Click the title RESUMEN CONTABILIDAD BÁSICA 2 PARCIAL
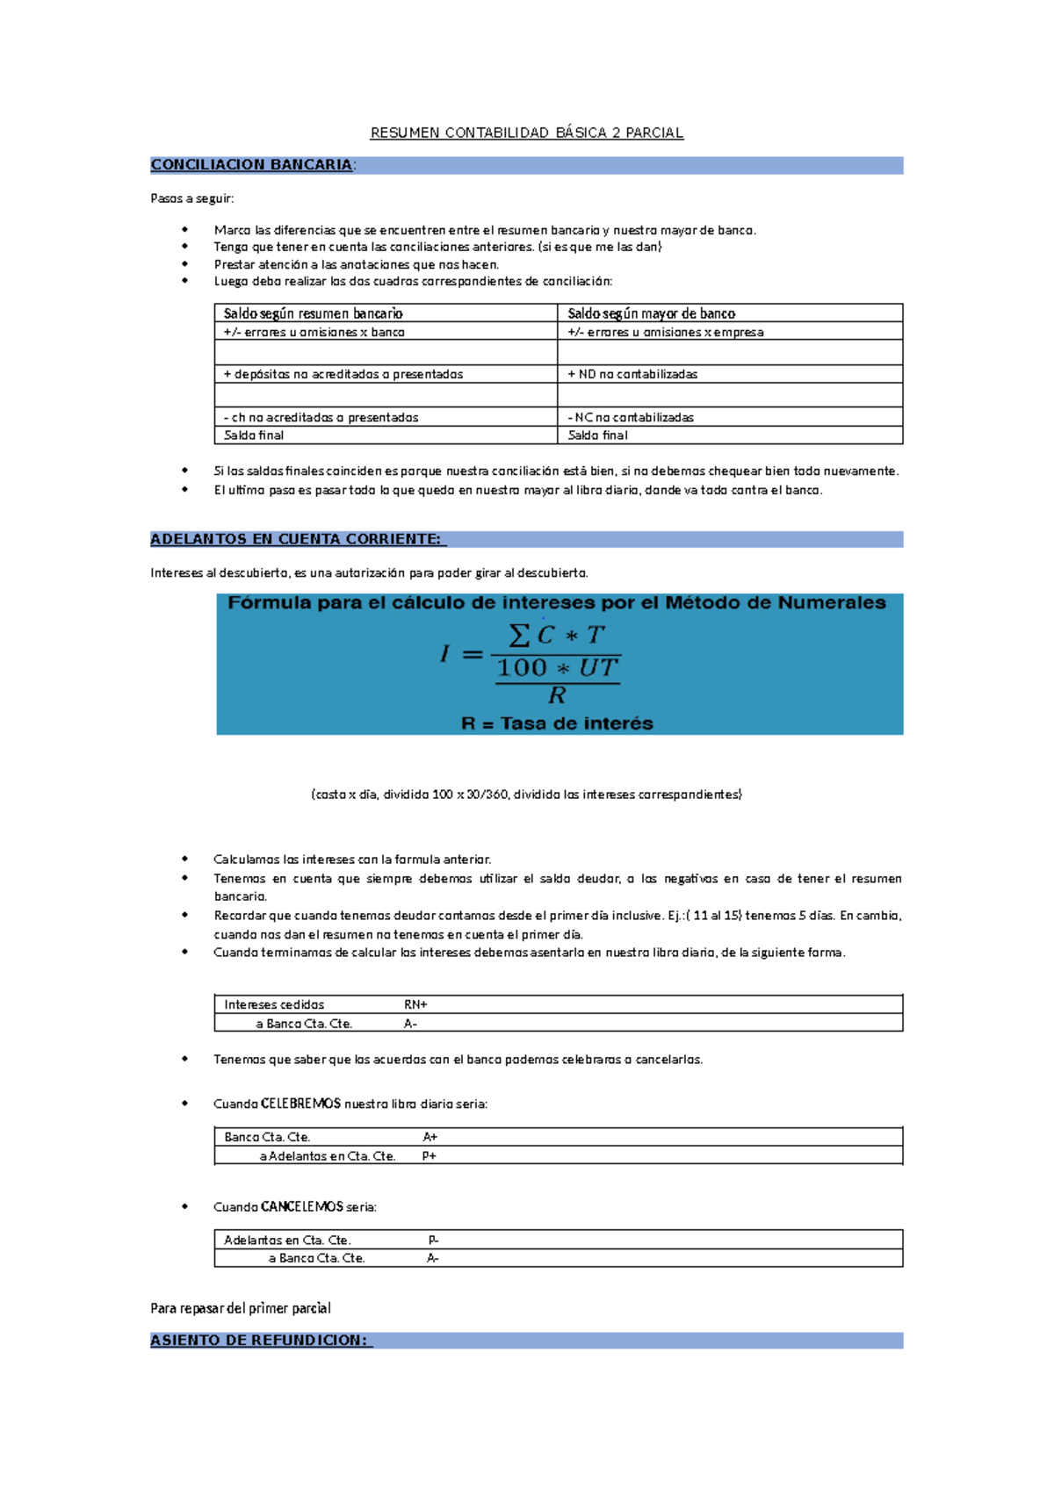pos(526,133)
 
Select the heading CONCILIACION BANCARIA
pos(252,165)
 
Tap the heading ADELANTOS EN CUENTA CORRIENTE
pos(297,539)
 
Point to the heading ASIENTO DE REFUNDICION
pos(260,1340)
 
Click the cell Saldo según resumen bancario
pos(313,313)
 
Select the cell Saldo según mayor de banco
pos(651,313)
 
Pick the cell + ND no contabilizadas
pos(632,374)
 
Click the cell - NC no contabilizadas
pos(631,418)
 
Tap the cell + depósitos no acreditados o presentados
pos(343,374)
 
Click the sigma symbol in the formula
pos(519,635)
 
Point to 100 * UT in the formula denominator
pos(558,668)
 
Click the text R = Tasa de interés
pos(557,723)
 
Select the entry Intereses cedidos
pos(274,1004)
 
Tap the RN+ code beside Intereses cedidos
pos(415,1004)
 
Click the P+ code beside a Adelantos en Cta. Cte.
pos(430,1156)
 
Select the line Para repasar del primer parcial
pos(241,1308)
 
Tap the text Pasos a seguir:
pos(192,198)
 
